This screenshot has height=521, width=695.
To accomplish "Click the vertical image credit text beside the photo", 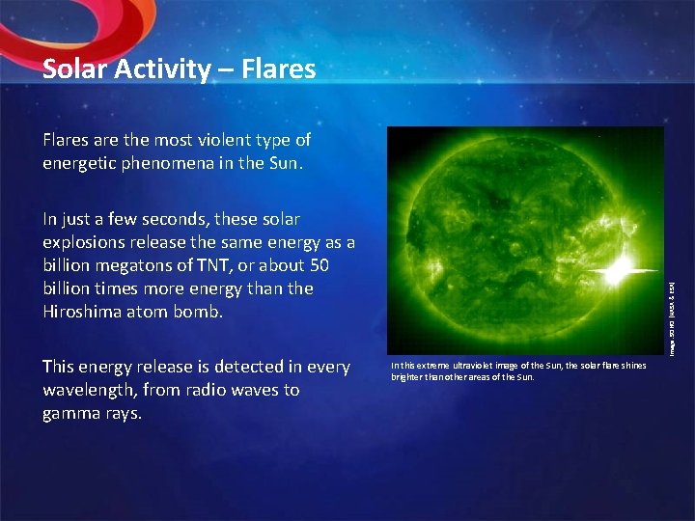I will [x=672, y=317].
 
